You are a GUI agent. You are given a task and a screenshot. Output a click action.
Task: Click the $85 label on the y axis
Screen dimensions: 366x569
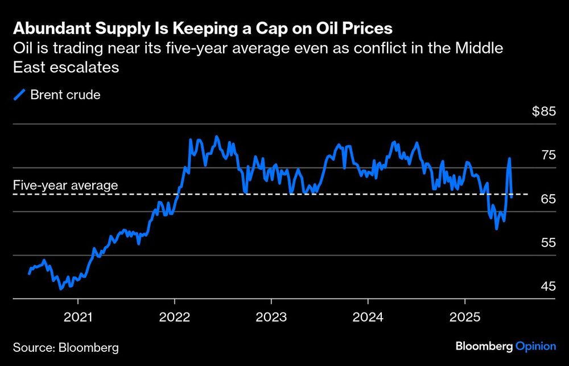click(x=543, y=112)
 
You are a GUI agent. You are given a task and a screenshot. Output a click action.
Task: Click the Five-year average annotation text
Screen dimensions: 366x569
click(x=65, y=185)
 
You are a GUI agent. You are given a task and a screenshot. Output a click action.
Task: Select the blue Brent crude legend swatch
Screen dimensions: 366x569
click(x=20, y=95)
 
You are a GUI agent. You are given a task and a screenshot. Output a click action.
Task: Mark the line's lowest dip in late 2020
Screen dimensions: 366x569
click(x=61, y=289)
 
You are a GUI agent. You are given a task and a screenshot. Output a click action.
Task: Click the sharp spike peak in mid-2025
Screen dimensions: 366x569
click(x=509, y=159)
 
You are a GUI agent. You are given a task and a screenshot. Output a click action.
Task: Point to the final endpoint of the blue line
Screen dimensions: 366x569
click(x=512, y=197)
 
